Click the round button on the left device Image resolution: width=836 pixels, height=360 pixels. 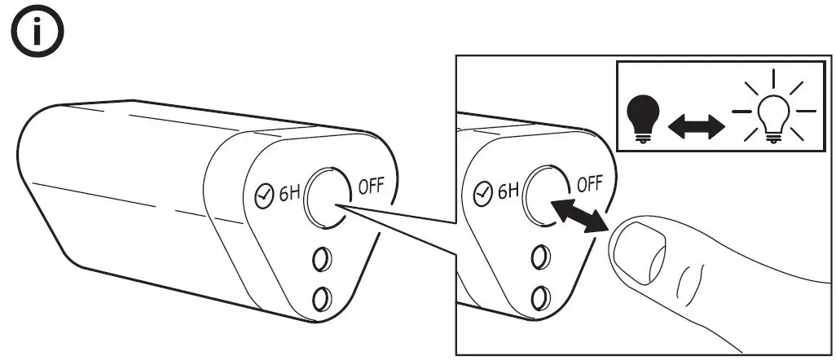point(328,198)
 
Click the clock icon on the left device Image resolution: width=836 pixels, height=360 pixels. point(262,196)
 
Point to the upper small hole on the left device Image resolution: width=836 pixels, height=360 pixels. point(322,259)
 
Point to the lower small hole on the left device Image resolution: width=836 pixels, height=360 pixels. point(323,297)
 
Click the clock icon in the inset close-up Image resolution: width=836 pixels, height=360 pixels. point(482,195)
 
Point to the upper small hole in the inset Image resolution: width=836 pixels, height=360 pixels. point(539,259)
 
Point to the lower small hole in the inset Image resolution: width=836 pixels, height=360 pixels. point(539,296)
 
